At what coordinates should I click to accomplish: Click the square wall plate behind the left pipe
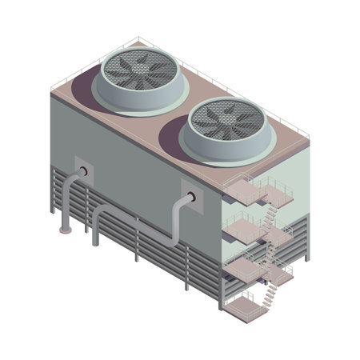(x=82, y=170)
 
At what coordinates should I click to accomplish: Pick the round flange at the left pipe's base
(x=64, y=232)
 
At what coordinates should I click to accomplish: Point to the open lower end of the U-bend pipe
(x=95, y=242)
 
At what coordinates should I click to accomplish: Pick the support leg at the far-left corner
(x=54, y=209)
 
